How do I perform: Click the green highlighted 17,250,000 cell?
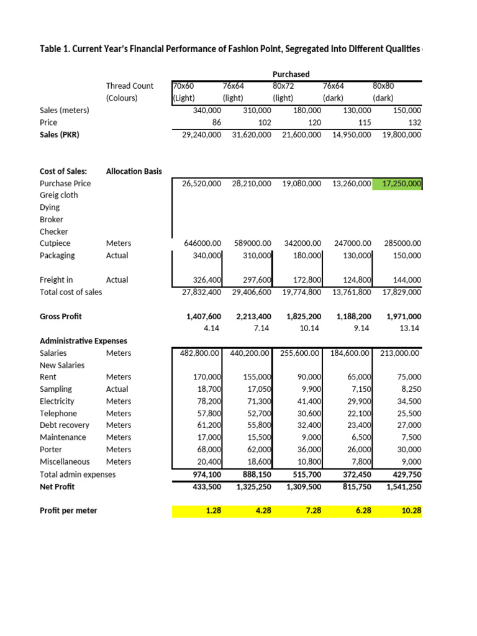pyautogui.click(x=397, y=183)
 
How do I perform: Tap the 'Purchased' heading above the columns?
pyautogui.click(x=295, y=74)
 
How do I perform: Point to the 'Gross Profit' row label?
pyautogui.click(x=60, y=316)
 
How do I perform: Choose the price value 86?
pyautogui.click(x=216, y=122)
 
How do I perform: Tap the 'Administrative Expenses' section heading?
pyautogui.click(x=83, y=341)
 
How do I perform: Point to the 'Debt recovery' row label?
pyautogui.click(x=65, y=425)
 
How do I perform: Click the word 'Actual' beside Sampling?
pyautogui.click(x=117, y=389)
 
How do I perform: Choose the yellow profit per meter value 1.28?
pyautogui.click(x=212, y=511)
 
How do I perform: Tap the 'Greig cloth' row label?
pyautogui.click(x=59, y=195)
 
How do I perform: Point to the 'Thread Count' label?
pyautogui.click(x=130, y=86)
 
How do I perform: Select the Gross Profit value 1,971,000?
pyautogui.click(x=403, y=316)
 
